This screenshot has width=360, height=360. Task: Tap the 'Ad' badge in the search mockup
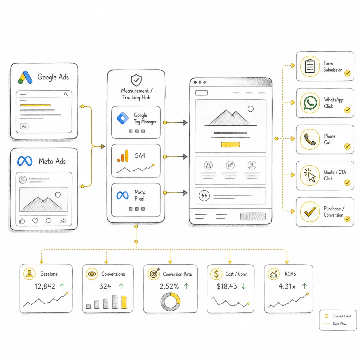click(x=24, y=126)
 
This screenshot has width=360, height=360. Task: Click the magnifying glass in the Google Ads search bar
click(x=66, y=94)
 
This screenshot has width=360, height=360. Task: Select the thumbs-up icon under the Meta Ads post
click(x=22, y=221)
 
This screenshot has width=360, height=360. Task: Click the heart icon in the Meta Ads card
click(x=35, y=221)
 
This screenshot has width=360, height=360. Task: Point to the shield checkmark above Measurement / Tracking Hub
click(x=136, y=80)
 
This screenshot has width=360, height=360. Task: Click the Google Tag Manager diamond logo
click(x=123, y=118)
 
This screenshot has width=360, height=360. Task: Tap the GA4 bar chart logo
click(x=123, y=156)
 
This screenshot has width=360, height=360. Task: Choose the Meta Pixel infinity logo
click(x=123, y=195)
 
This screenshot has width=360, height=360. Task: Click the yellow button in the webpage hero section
click(x=230, y=144)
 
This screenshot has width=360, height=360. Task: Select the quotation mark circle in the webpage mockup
click(x=204, y=196)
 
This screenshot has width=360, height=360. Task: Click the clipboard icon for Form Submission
click(x=310, y=66)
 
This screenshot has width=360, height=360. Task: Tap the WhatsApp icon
click(x=310, y=103)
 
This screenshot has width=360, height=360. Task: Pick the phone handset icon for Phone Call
click(x=310, y=139)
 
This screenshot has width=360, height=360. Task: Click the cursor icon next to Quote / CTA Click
click(x=310, y=176)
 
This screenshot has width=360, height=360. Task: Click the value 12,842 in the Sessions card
click(x=45, y=286)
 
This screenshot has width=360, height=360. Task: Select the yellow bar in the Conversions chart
click(x=124, y=302)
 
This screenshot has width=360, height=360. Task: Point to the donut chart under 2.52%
click(x=170, y=302)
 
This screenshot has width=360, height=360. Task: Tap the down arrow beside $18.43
click(x=244, y=286)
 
